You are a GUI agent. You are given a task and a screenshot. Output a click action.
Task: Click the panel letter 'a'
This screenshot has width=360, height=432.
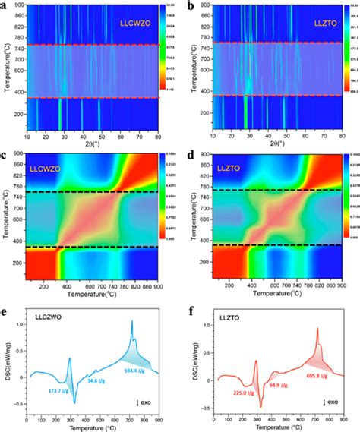pyautogui.click(x=5, y=5)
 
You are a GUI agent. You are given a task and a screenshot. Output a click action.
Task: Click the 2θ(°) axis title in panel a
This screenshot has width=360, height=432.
pyautogui.click(x=91, y=143)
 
